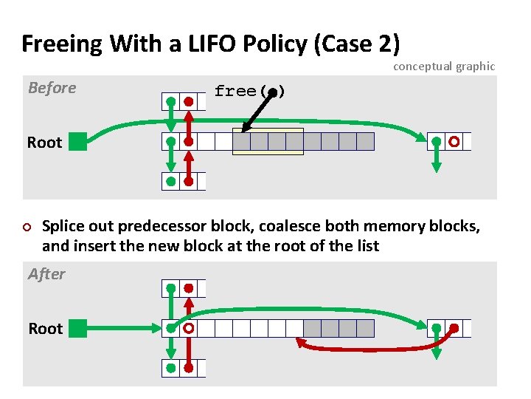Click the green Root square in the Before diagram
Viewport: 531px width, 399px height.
coord(78,142)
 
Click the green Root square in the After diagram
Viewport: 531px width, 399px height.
coord(78,327)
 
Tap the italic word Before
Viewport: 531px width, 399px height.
coord(52,88)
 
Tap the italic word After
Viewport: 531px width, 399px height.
coord(46,274)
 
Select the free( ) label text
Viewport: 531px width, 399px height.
coord(249,92)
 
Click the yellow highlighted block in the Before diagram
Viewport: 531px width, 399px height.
coord(268,142)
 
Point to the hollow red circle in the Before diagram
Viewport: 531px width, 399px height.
coord(454,141)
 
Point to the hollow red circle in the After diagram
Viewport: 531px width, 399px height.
coord(189,327)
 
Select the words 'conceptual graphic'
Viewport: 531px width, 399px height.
coord(444,66)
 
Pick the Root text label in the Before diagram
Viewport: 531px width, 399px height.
coord(45,143)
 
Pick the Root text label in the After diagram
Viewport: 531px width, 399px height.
coord(45,328)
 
